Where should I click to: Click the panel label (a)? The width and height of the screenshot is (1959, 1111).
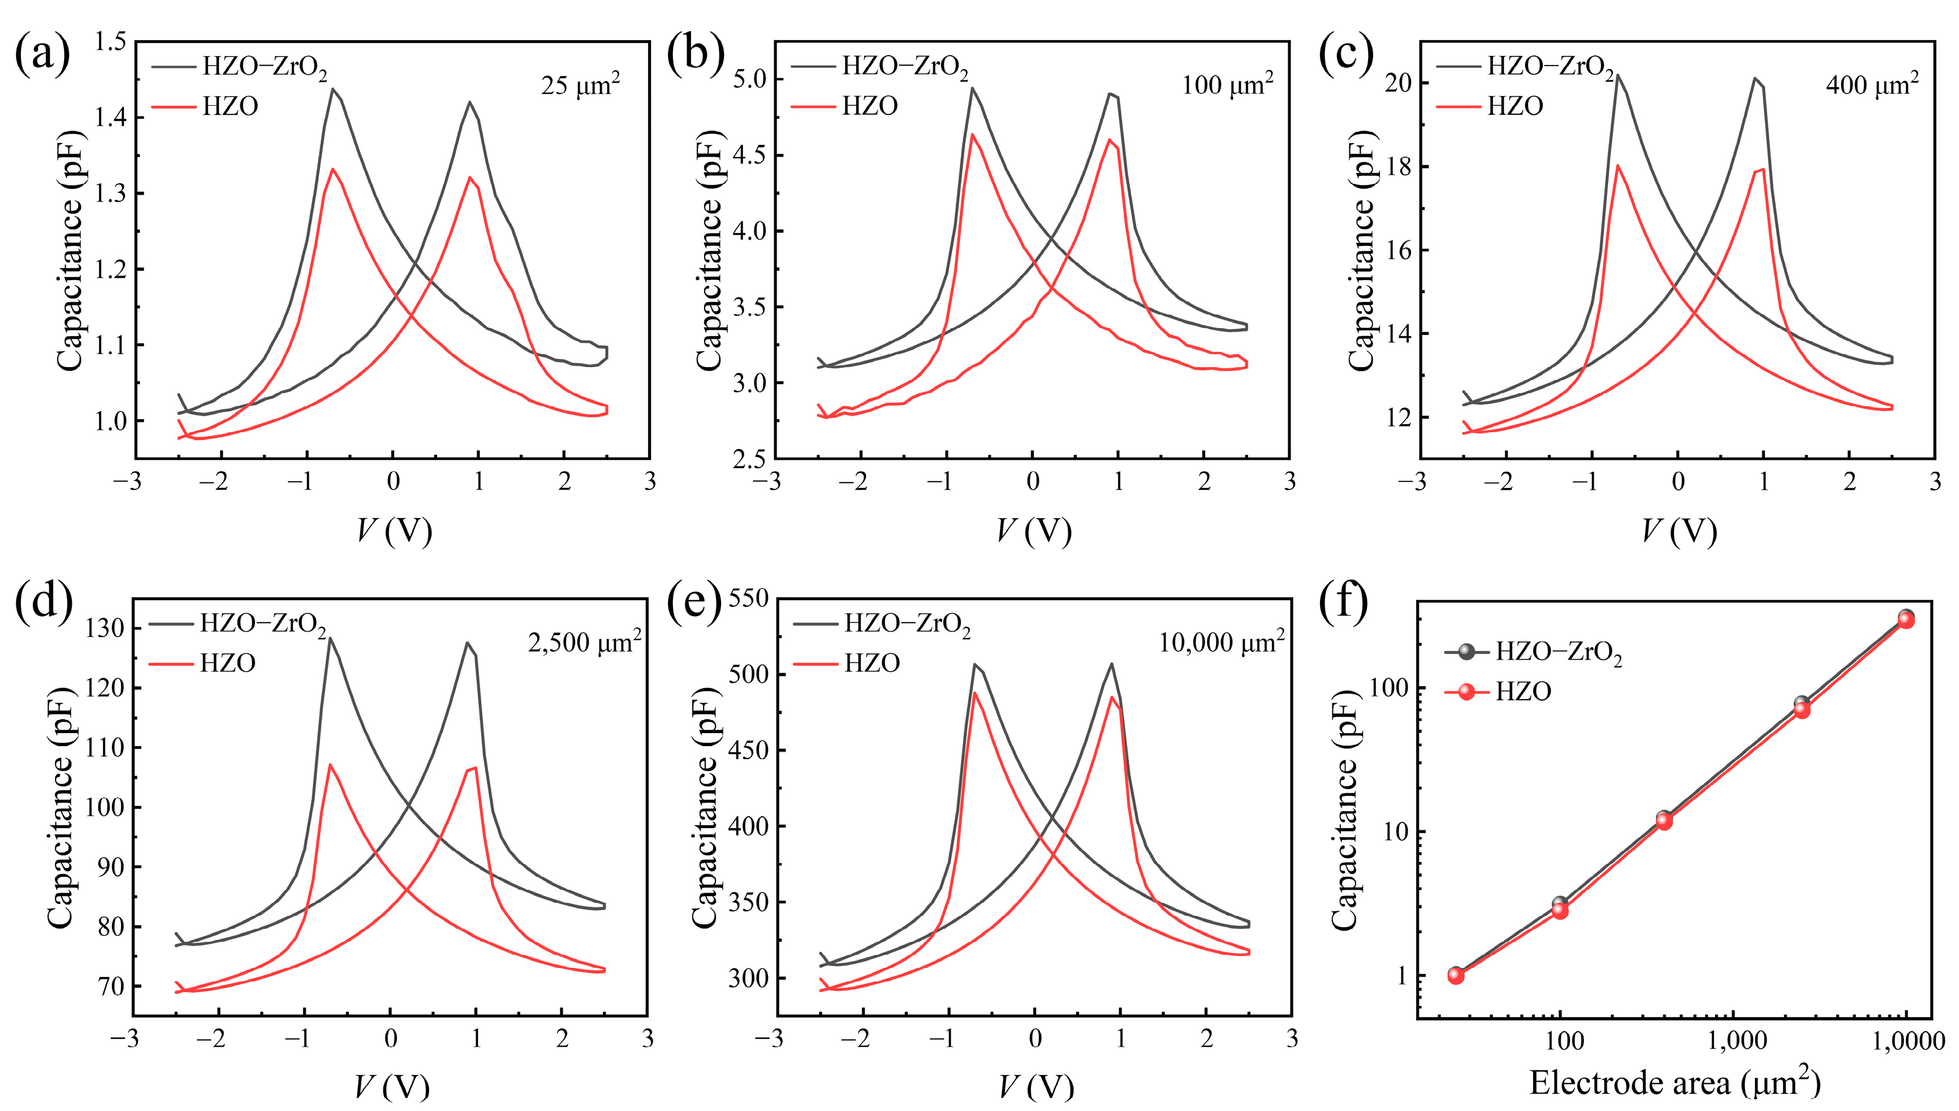[43, 54]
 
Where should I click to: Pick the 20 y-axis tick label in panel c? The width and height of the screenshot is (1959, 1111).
[1399, 83]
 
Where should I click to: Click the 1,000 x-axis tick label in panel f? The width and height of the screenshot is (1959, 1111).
[1736, 1040]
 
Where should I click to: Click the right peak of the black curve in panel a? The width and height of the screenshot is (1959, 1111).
[469, 101]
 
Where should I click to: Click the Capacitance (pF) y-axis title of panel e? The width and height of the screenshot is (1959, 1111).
[704, 807]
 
